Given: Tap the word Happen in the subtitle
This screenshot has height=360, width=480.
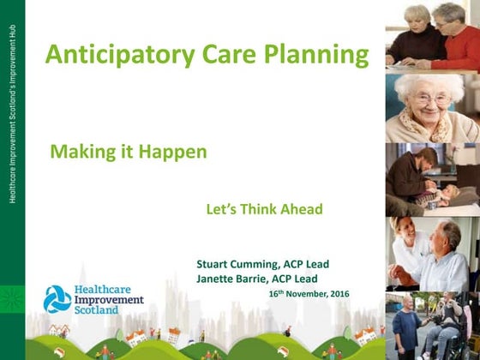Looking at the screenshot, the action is tap(172, 153).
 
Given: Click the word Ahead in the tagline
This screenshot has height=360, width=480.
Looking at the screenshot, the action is tap(302, 209).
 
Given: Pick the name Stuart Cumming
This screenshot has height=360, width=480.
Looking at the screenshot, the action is tap(237, 264).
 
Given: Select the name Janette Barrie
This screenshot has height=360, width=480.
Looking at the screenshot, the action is tap(232, 279).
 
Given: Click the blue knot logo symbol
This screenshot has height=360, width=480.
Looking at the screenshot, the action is tap(57, 299).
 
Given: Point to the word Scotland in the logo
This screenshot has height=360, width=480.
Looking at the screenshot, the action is tap(96, 309).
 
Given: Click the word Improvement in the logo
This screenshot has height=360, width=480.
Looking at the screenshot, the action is tap(109, 300).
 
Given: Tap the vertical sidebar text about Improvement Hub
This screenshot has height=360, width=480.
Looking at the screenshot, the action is tap(12, 113).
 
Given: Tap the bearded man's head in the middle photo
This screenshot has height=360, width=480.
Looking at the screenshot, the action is tap(427, 159).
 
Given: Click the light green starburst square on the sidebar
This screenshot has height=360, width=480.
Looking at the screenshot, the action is tap(12, 299).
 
